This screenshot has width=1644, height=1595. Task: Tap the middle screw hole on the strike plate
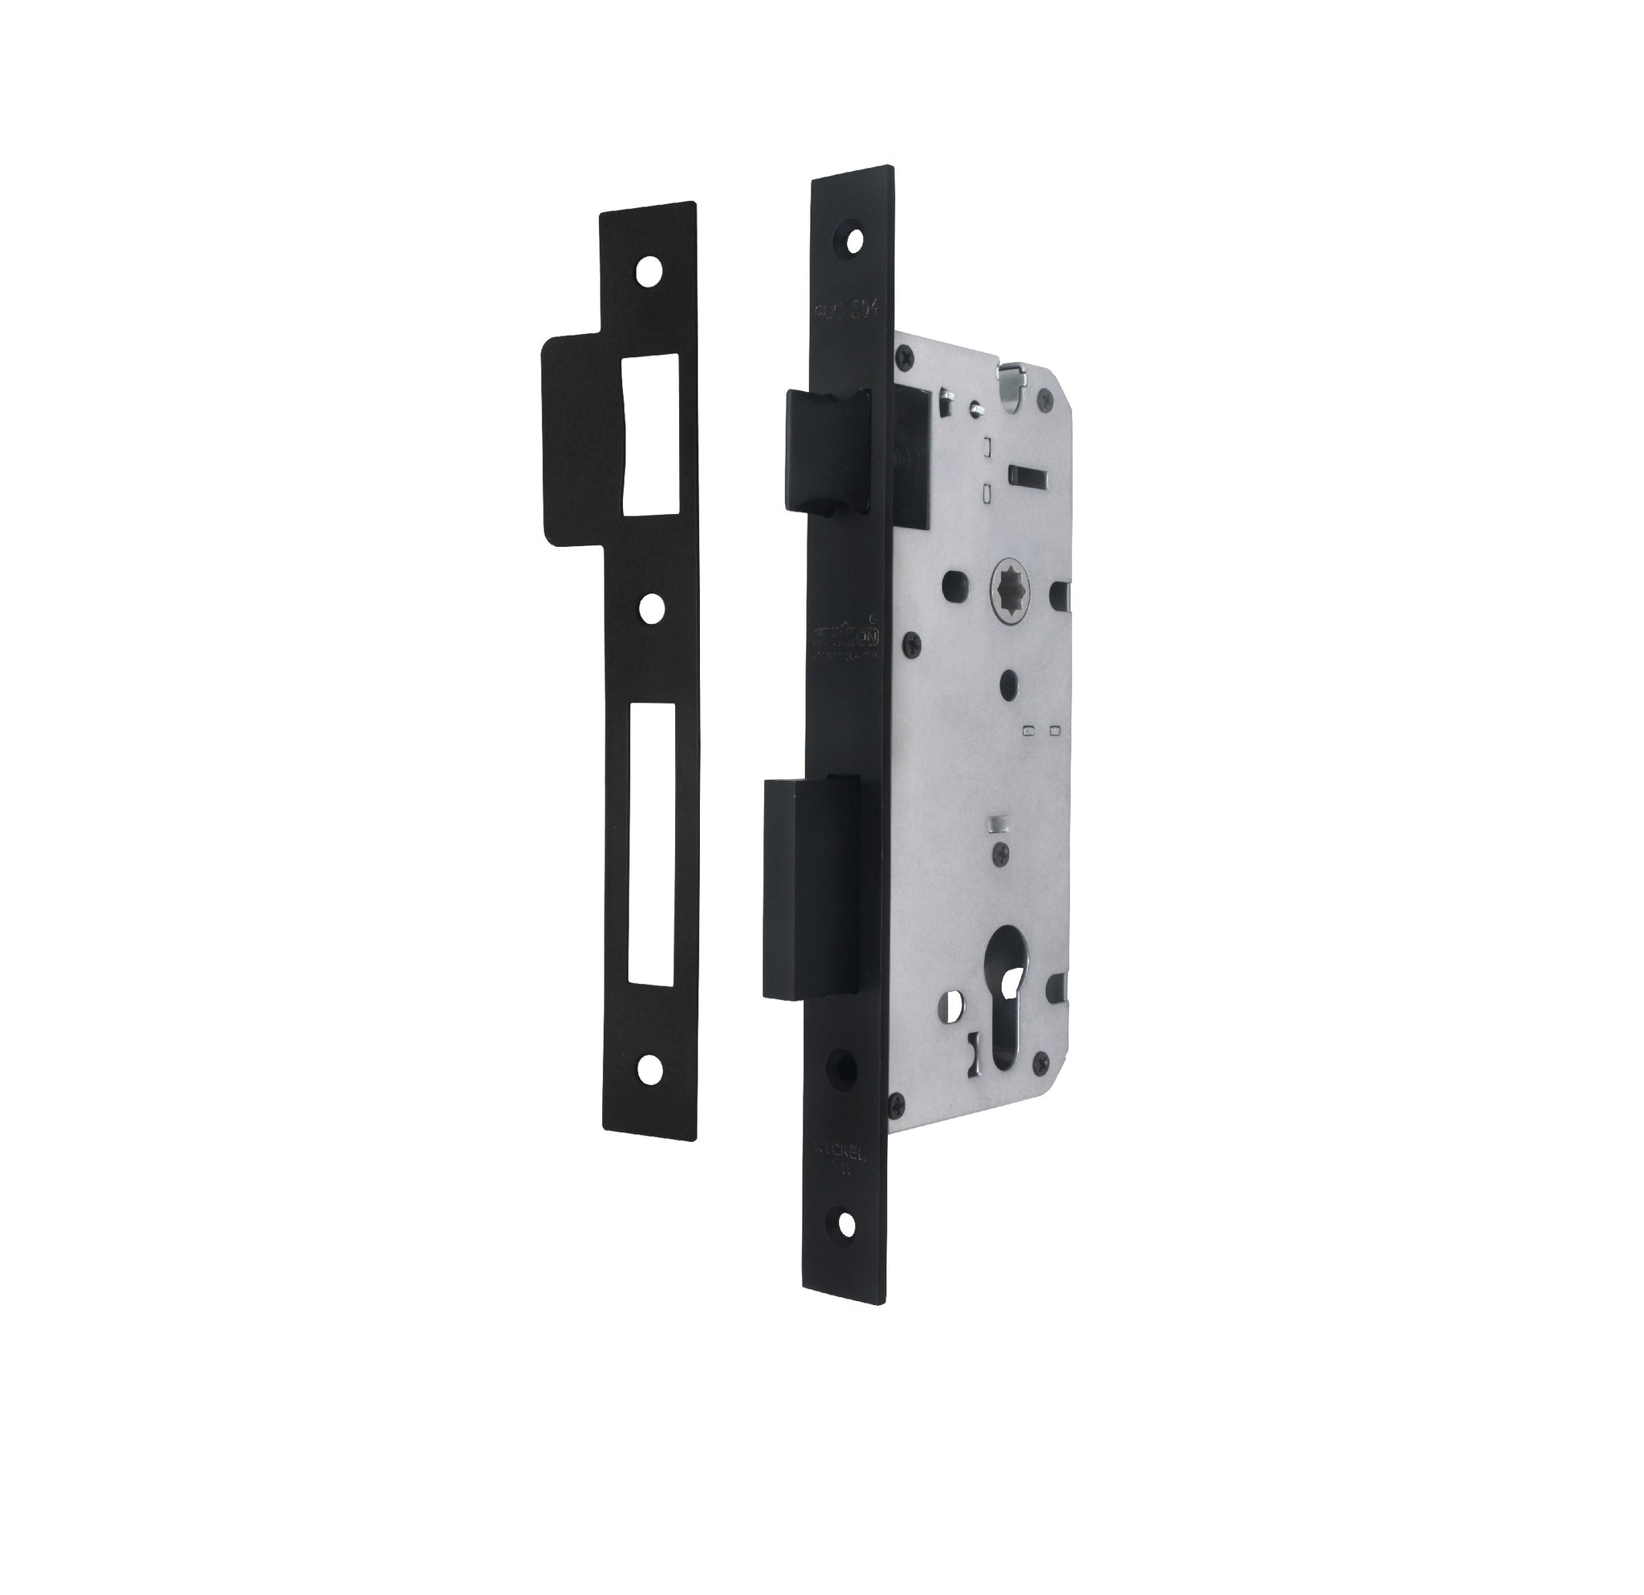coord(649,607)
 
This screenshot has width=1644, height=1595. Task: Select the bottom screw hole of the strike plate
coord(649,1066)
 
